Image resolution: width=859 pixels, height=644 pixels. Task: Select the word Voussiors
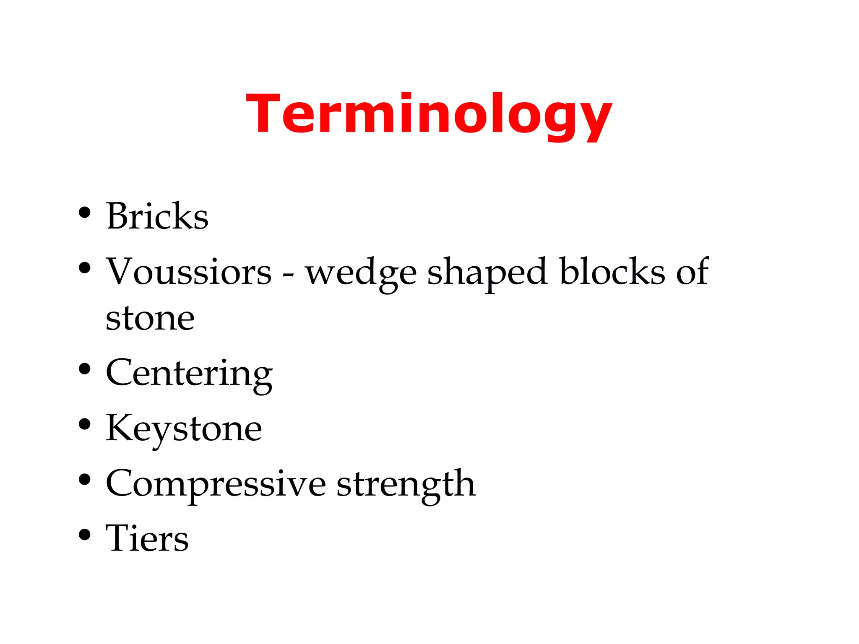[x=189, y=272]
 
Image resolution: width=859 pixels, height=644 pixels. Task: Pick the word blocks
[x=612, y=272]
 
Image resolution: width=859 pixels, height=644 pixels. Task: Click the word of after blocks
[x=692, y=272]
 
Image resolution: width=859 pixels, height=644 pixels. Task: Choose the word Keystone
[x=184, y=428]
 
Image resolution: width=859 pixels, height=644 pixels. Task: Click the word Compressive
[x=216, y=484]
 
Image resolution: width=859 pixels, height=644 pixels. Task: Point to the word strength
[x=406, y=485]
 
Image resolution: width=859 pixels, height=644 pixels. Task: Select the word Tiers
[x=147, y=538]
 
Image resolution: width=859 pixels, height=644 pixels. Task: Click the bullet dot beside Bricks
[x=85, y=213]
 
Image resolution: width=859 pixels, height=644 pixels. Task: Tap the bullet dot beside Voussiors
[x=85, y=268]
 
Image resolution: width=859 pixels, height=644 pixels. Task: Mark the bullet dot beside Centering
[x=85, y=369]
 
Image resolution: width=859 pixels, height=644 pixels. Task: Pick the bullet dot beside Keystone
[x=85, y=424]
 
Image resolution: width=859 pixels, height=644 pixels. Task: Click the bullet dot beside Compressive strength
[x=85, y=480]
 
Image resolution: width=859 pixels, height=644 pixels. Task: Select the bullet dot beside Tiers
[x=85, y=535]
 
